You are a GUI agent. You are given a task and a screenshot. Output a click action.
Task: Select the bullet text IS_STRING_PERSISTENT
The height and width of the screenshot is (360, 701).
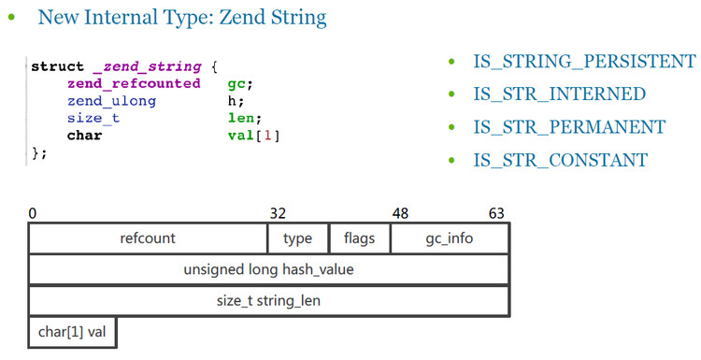point(584,62)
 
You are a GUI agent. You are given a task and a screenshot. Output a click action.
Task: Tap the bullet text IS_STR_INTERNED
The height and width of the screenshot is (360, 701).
point(559,94)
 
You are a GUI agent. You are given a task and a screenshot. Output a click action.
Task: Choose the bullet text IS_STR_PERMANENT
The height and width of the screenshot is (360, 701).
point(569,127)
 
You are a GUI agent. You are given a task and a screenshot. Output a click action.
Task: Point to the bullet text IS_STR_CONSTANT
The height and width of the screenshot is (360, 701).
point(560,160)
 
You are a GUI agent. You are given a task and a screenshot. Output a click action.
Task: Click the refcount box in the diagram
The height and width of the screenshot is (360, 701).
point(148,238)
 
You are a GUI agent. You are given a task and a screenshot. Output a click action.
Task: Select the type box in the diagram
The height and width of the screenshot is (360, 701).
point(297,238)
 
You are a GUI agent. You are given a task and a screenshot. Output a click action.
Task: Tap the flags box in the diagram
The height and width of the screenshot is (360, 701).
point(359,238)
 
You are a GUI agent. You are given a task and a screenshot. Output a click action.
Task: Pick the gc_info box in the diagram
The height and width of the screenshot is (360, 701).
point(449,238)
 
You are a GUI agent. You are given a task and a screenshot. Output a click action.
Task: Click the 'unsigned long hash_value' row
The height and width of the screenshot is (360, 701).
point(268,270)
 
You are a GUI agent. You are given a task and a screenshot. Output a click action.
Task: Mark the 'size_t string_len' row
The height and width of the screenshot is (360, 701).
point(268,301)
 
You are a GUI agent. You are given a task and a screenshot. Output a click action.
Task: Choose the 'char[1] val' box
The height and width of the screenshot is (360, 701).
point(72,332)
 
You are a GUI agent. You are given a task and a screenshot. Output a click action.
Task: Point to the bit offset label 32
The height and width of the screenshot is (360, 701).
point(278,214)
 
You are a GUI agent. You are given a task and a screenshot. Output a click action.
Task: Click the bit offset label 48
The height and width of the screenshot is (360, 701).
point(400,214)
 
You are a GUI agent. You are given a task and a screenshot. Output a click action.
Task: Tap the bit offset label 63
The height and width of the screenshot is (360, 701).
point(495,214)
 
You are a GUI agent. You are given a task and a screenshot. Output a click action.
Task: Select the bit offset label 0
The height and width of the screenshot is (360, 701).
point(33,214)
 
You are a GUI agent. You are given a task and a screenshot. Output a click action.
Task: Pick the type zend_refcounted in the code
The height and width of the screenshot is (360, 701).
point(134,83)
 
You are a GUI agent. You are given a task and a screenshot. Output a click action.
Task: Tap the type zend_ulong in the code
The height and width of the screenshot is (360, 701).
point(111,101)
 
